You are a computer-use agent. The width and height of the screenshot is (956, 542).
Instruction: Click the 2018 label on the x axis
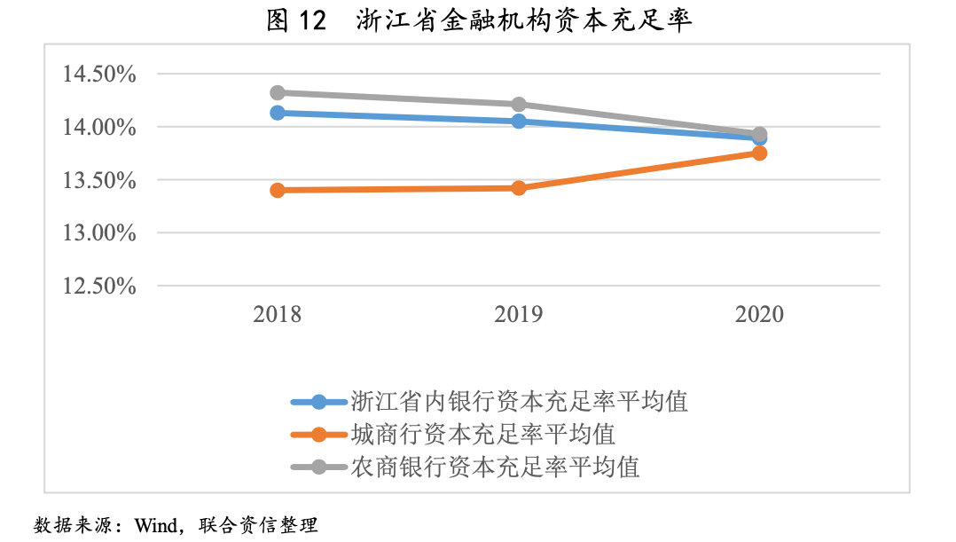tap(278, 315)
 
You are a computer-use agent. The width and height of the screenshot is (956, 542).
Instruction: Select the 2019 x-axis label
tap(519, 315)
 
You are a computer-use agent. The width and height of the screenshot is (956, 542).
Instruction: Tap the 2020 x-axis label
tap(760, 315)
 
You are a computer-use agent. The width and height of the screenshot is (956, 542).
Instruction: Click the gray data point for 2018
tap(278, 92)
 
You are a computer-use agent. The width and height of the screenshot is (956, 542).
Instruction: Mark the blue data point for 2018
tap(278, 113)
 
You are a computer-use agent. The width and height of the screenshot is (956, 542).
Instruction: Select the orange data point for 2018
tap(278, 190)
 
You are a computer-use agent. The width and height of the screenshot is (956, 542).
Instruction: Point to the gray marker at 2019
tap(519, 105)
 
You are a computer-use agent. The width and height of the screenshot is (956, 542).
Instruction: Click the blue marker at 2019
tap(519, 121)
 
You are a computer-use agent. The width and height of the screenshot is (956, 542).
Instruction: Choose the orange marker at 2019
tap(519, 188)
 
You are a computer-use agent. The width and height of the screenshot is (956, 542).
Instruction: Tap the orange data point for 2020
tap(760, 153)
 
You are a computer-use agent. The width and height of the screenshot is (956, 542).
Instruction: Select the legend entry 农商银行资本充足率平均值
tap(495, 467)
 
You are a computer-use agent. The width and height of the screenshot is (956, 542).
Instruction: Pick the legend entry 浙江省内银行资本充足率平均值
tap(519, 402)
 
